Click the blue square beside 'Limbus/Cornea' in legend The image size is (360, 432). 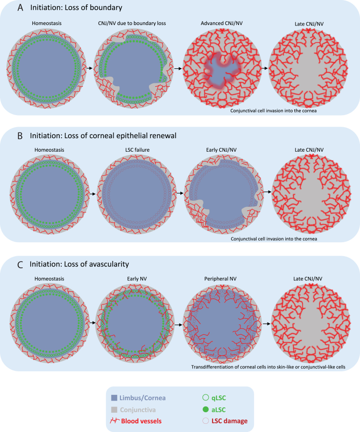coord(114,397)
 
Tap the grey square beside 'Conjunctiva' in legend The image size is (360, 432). coord(114,409)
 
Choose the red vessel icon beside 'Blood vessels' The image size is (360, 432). coord(115,420)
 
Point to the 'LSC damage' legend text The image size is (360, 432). coord(229,420)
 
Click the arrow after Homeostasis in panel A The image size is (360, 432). coord(91,68)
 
